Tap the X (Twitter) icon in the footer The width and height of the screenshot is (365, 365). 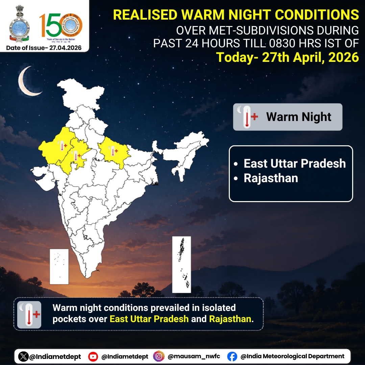tap(23, 356)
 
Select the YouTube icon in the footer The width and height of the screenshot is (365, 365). tap(93, 356)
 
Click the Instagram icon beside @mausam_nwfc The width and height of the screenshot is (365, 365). tap(159, 356)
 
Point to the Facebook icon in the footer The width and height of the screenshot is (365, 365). tap(232, 356)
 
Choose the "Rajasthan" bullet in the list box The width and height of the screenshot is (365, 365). tap(271, 178)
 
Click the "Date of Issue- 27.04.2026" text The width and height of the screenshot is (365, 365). tap(44, 48)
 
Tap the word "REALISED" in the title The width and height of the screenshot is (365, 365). tap(145, 15)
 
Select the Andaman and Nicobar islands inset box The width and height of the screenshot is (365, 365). tap(181, 264)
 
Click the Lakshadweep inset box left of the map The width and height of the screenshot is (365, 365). tap(59, 266)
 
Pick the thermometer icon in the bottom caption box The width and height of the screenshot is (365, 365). tap(29, 315)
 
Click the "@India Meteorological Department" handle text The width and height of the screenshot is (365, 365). tap(292, 356)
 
